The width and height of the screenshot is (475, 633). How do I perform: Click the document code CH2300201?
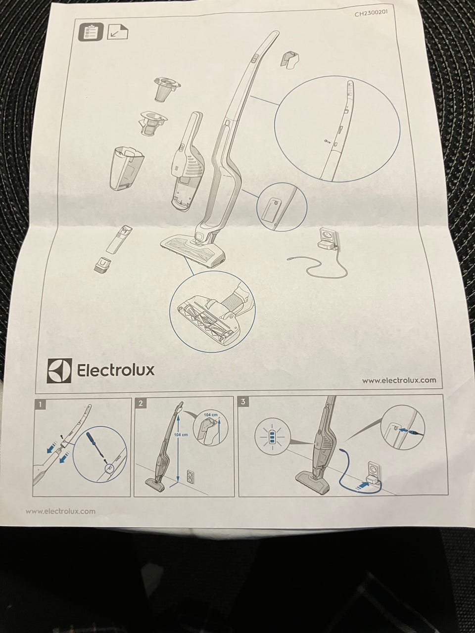pyautogui.click(x=374, y=13)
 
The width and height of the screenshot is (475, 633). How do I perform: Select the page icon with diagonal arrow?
pyautogui.click(x=118, y=32)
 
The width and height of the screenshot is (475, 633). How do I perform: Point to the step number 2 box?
pyautogui.click(x=141, y=403)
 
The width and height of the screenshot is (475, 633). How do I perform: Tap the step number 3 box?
pyautogui.click(x=244, y=402)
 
